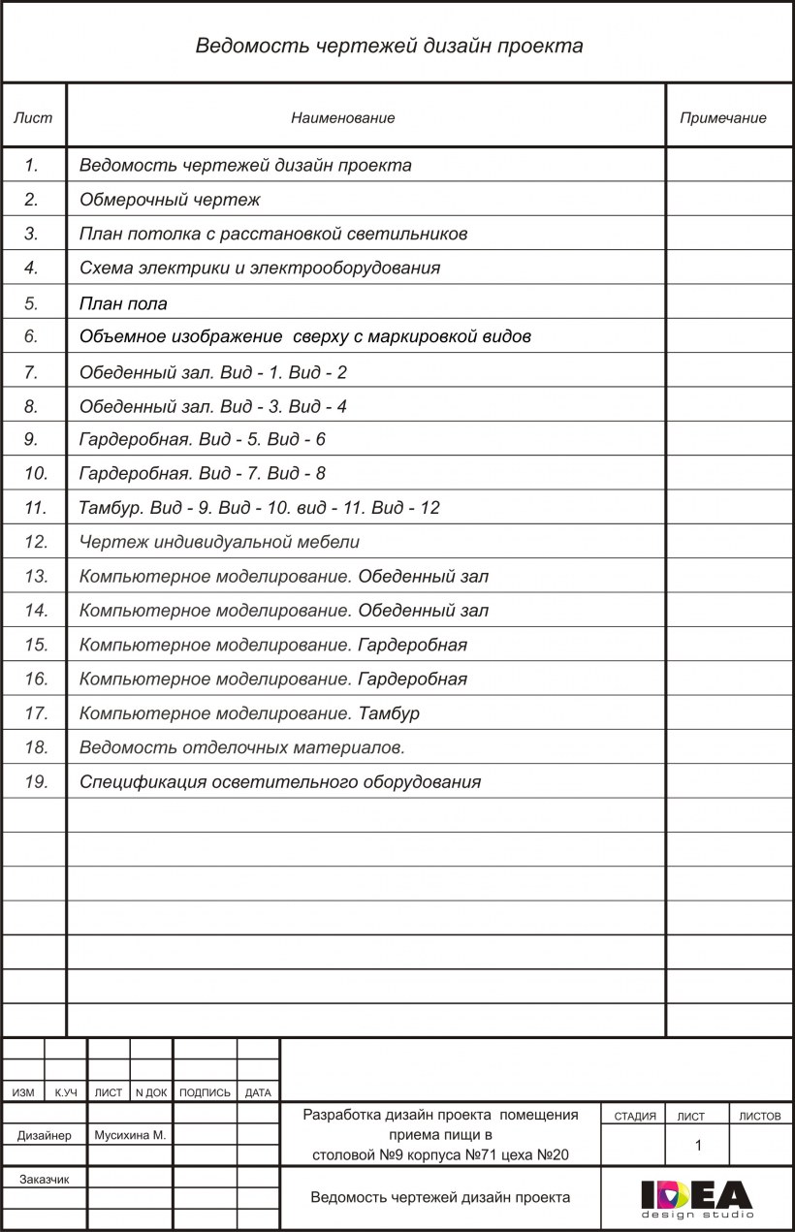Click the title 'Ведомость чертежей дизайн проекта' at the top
[x=389, y=46]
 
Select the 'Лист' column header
[x=33, y=117]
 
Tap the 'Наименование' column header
[x=343, y=117]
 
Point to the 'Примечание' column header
[x=722, y=117]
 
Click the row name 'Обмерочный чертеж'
[x=170, y=200]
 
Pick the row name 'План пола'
[x=123, y=303]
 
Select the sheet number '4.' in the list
[x=31, y=268]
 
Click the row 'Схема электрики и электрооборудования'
[x=260, y=268]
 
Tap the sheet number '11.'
[x=35, y=507]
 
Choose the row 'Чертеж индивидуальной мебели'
[x=219, y=542]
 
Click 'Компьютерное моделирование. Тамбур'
[x=249, y=713]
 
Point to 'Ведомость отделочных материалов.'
[x=241, y=747]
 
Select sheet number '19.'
[x=35, y=781]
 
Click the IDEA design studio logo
[x=696, y=1198]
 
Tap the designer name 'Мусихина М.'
[x=129, y=1134]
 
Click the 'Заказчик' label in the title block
[x=44, y=1179]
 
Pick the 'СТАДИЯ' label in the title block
[x=635, y=1116]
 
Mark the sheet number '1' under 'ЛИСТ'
[x=698, y=1145]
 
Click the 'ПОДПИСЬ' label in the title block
[x=205, y=1092]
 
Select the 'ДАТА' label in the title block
[x=258, y=1092]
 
